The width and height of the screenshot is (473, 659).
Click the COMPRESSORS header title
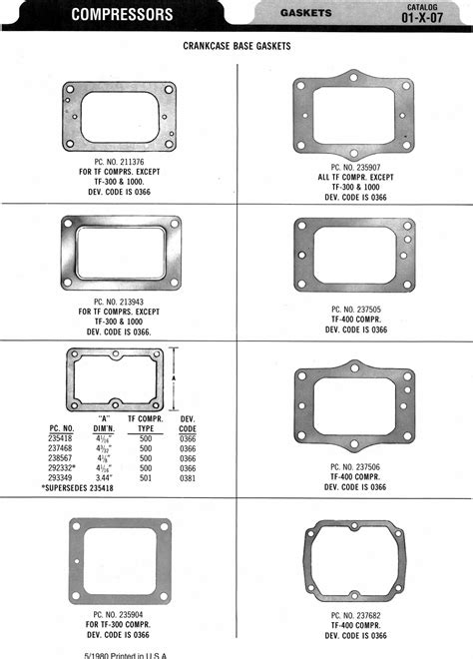122,14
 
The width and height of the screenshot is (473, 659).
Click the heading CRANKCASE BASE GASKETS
237,46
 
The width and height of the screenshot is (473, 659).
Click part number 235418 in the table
61,438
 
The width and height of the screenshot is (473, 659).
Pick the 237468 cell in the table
61,448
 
